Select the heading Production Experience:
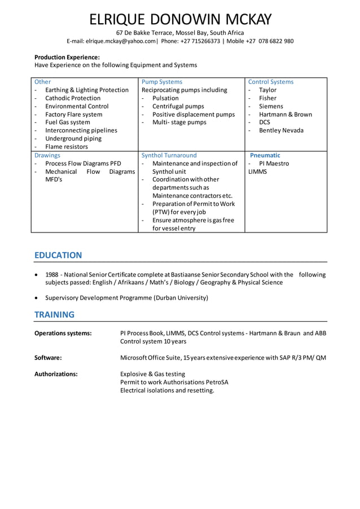point(67,57)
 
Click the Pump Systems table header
point(162,82)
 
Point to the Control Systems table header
point(271,82)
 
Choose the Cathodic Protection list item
point(73,98)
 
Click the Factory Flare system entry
point(74,114)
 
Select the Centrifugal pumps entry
point(178,106)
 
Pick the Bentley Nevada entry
point(281,130)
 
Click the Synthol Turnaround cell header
point(169,155)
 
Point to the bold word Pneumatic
point(265,155)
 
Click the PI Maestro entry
point(274,164)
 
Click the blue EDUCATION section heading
point(58,255)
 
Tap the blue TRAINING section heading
point(54,314)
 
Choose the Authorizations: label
point(56,374)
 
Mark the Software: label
point(48,357)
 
